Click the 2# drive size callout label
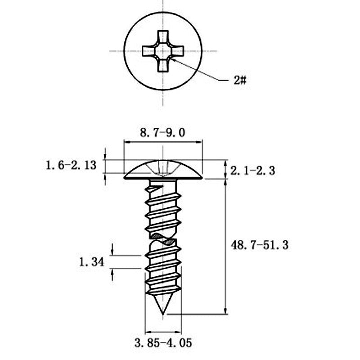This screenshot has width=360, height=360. [240, 81]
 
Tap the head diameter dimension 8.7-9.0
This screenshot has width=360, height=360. [162, 133]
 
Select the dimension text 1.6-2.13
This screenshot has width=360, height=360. [71, 165]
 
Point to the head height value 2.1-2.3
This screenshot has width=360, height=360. [252, 171]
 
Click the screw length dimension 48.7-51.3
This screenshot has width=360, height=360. [260, 245]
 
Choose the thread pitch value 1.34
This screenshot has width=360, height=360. [92, 262]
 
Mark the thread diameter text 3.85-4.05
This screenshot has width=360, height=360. [163, 343]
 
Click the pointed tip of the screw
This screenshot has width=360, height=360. [163, 314]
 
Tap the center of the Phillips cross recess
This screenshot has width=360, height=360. [163, 51]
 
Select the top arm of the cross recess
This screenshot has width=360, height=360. [163, 36]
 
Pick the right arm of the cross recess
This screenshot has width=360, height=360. [177, 51]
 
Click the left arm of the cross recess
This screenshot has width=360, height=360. [148, 51]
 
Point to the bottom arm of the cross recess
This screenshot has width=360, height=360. [163, 65]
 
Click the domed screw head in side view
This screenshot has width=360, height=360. [163, 171]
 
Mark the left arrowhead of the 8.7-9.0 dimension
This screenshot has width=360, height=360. [127, 142]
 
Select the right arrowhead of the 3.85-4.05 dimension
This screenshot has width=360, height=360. [178, 332]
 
